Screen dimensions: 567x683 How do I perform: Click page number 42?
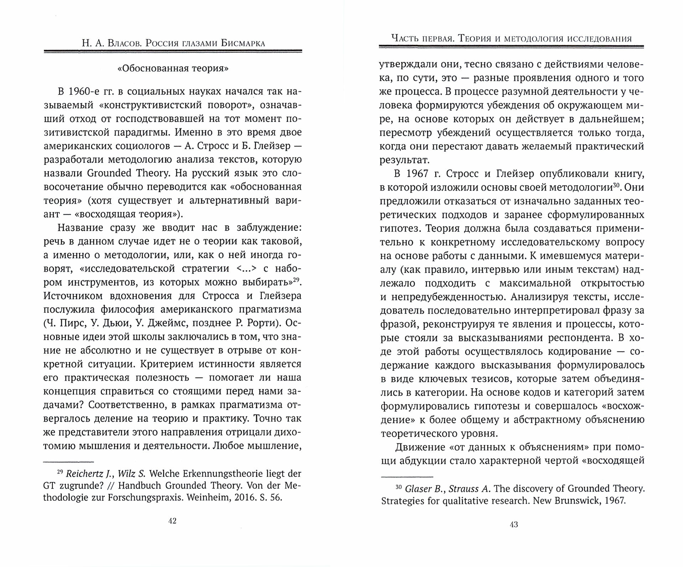[x=172, y=521]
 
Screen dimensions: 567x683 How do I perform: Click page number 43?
[x=513, y=524]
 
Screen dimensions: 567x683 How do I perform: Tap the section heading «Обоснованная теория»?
[x=173, y=68]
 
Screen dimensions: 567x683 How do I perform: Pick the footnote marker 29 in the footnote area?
[x=60, y=472]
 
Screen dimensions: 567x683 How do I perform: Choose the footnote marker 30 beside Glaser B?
[x=398, y=487]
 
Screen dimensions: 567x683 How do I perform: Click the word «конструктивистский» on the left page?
[x=138, y=105]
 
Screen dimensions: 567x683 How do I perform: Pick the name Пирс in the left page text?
[x=71, y=323]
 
